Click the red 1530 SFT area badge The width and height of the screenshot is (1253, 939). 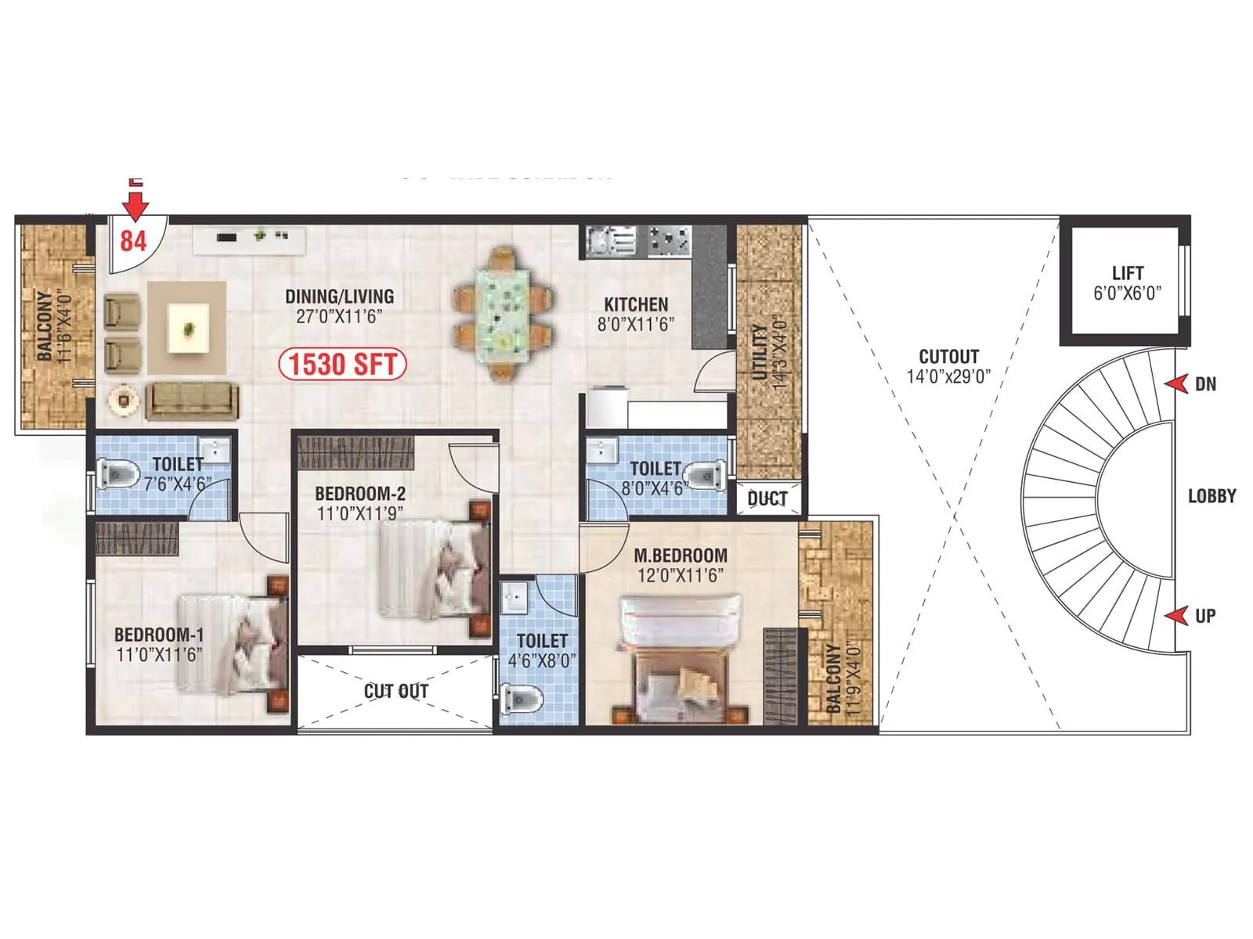coord(343,365)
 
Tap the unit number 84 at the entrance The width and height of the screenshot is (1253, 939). coord(133,240)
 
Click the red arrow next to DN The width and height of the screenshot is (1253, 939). coord(1176,383)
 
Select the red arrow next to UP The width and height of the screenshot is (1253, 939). coord(1176,616)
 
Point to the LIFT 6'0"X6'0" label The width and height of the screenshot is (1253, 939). coord(1127,283)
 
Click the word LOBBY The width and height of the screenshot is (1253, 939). coord(1211,496)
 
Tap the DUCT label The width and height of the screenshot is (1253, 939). coord(767,498)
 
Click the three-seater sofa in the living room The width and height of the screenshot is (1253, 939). coord(193,401)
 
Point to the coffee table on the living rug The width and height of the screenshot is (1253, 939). coord(189,329)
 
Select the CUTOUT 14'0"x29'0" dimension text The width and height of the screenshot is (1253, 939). coord(948,376)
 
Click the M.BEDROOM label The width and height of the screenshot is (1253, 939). coord(681,556)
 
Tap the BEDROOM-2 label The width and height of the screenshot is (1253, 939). coord(360,494)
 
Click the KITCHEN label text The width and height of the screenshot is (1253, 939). coord(636,304)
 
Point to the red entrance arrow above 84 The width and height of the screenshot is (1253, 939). coord(136,205)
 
